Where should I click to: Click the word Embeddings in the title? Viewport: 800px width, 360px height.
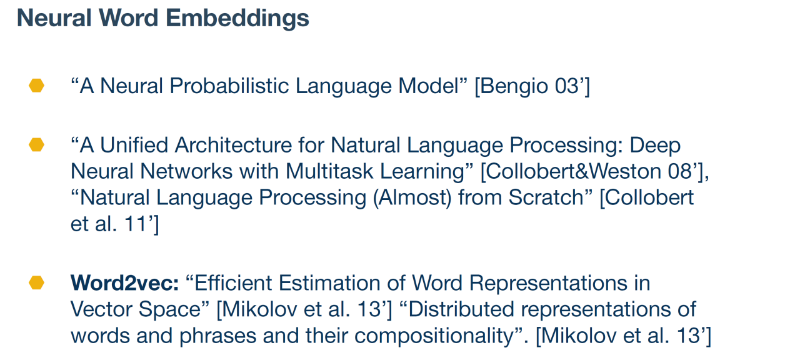pyautogui.click(x=237, y=19)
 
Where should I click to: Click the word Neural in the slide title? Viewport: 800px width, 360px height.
pyautogui.click(x=54, y=17)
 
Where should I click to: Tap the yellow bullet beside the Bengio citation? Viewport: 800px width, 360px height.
pyautogui.click(x=36, y=86)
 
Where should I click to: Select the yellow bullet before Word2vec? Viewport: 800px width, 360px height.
pyautogui.click(x=36, y=282)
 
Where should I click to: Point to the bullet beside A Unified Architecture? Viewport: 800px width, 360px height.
pyautogui.click(x=36, y=144)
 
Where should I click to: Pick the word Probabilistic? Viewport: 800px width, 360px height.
pyautogui.click(x=229, y=86)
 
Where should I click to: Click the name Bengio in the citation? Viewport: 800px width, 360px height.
pyautogui.click(x=514, y=87)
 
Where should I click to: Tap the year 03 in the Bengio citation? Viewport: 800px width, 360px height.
pyautogui.click(x=567, y=86)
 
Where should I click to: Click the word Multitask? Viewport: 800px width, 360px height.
pyautogui.click(x=329, y=171)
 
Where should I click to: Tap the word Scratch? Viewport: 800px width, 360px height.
pyautogui.click(x=546, y=197)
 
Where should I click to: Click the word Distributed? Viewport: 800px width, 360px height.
pyautogui.click(x=461, y=309)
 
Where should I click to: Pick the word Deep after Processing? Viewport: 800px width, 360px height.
pyautogui.click(x=655, y=146)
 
